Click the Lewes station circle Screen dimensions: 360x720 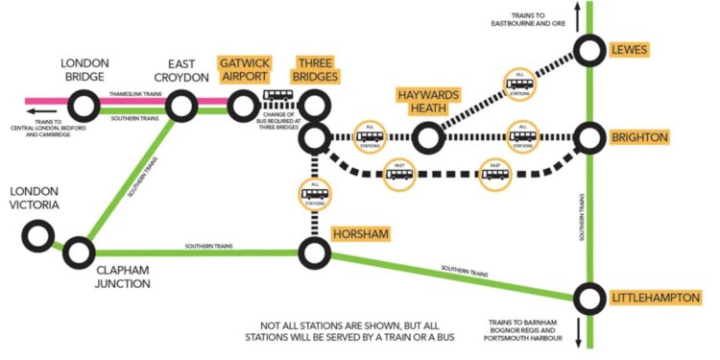pyautogui.click(x=589, y=50)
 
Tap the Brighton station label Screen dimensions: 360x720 pyautogui.click(x=639, y=137)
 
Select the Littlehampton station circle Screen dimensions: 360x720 pyautogui.click(x=589, y=299)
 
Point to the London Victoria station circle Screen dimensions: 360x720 pyautogui.click(x=37, y=233)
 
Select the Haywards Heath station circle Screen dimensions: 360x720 pyautogui.click(x=428, y=138)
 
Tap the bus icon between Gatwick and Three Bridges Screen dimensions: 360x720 pyautogui.click(x=278, y=97)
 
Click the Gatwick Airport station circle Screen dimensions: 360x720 pyautogui.click(x=243, y=101)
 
